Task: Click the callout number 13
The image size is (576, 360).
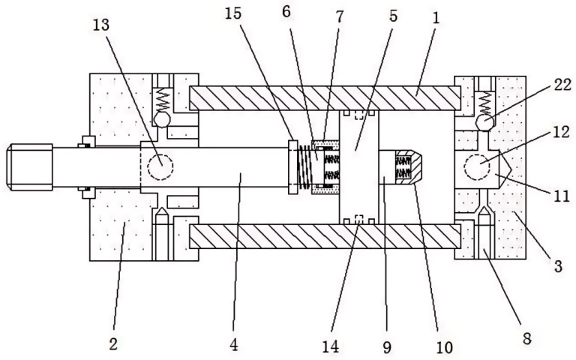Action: tap(101, 25)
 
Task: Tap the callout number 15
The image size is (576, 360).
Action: tap(233, 13)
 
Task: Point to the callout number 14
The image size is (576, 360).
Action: tap(331, 346)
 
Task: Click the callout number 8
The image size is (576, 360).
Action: tap(526, 338)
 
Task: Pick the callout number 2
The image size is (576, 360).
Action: tap(113, 343)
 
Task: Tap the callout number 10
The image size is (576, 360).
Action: tap(444, 346)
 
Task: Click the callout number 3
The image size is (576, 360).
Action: tap(558, 266)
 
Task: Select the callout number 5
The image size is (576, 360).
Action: tap(393, 16)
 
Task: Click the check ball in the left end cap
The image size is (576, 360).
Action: tap(162, 119)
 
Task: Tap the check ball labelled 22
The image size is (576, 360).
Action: tap(484, 123)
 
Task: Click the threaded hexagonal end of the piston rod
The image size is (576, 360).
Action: tap(29, 167)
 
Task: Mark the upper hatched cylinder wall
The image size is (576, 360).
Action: tap(325, 98)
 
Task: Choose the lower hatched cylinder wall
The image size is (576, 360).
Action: tap(325, 236)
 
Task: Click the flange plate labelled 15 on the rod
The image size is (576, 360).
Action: tap(293, 166)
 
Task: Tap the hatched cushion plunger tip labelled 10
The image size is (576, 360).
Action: tap(409, 167)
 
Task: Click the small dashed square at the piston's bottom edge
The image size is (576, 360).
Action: tap(359, 219)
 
